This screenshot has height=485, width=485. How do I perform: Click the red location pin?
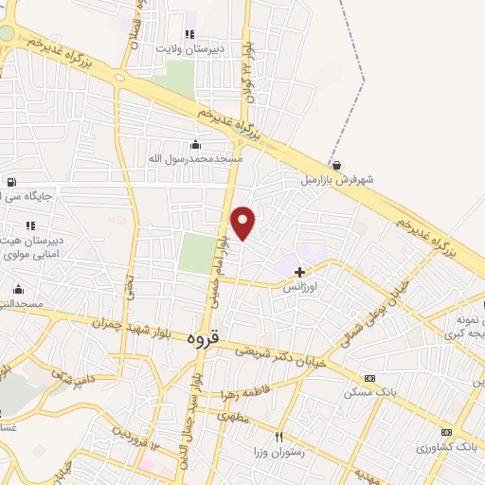point(243,223)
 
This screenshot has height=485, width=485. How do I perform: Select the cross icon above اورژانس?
point(300,272)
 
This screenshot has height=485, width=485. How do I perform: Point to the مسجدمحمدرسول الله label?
point(195,158)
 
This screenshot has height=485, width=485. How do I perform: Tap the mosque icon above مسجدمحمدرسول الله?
point(195,144)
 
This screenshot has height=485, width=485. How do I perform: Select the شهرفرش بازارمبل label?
point(338,179)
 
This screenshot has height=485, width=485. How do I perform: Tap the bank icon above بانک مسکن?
point(368,378)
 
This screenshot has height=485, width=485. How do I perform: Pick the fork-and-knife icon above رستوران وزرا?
point(278,437)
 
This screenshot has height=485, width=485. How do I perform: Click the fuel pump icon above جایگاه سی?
point(10,183)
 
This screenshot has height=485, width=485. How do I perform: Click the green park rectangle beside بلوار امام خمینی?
point(198,253)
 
